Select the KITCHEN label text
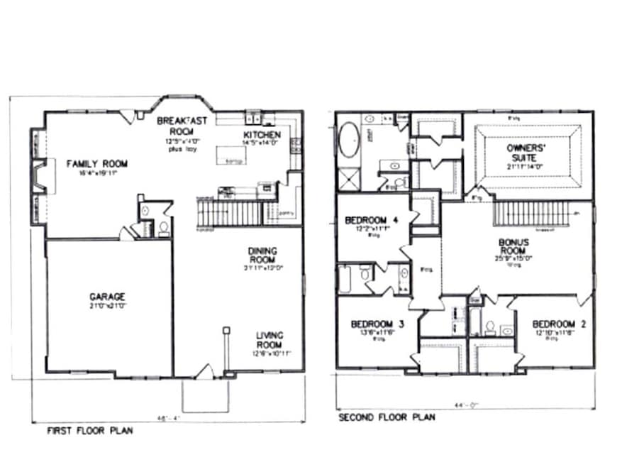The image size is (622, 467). pos(262,135)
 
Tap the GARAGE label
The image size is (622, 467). pos(107,296)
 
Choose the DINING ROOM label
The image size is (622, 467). pos(262,255)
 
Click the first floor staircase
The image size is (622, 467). pos(231,213)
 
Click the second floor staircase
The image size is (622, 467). pos(531,213)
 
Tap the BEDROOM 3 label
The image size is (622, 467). pos(377,325)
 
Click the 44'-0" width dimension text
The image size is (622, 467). pos(465,405)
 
